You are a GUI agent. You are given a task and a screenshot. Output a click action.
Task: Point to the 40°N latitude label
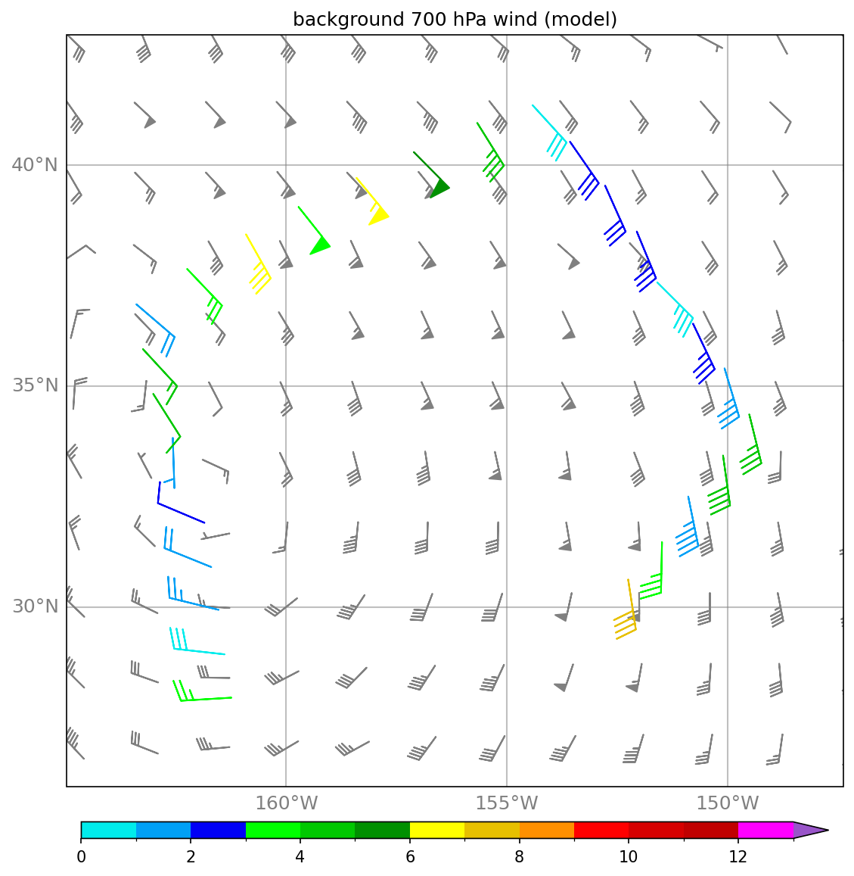click(x=35, y=165)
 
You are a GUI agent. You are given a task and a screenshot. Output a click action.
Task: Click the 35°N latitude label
click(x=35, y=385)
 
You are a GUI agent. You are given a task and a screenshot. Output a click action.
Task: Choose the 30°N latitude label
click(x=35, y=606)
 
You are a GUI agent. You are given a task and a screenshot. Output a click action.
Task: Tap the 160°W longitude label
click(x=287, y=803)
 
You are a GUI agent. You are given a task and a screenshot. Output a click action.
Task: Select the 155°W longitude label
click(x=507, y=803)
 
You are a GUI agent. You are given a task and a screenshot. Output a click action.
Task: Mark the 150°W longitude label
click(x=727, y=803)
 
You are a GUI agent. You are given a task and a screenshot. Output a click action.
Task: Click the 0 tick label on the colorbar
click(x=82, y=857)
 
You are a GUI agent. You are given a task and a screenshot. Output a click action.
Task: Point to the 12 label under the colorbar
click(x=738, y=857)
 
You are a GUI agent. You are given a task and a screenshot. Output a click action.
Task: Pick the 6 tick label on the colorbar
click(x=410, y=857)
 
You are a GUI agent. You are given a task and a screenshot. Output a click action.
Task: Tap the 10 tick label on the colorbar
click(x=629, y=857)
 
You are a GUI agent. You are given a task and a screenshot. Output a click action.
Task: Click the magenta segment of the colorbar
click(x=765, y=830)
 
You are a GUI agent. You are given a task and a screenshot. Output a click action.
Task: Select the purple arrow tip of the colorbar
click(x=810, y=830)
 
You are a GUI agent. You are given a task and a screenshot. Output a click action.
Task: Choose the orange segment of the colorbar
click(x=546, y=830)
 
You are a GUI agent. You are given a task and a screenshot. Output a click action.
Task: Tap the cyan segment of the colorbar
click(x=109, y=830)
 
